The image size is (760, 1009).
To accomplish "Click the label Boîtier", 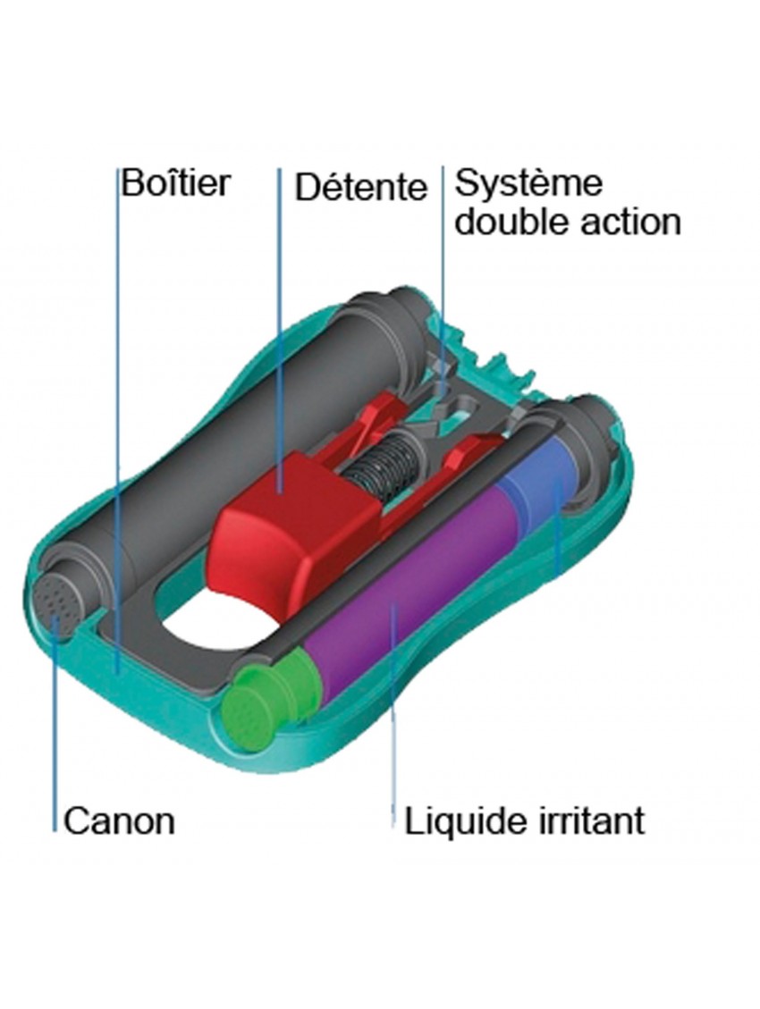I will (x=175, y=183).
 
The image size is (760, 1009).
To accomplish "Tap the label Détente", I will (x=360, y=188).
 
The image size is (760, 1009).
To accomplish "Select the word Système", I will (x=528, y=183).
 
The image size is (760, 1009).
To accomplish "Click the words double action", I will (x=567, y=222).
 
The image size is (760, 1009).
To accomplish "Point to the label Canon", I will (x=119, y=820).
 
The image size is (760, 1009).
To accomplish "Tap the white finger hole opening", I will (x=215, y=626).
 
